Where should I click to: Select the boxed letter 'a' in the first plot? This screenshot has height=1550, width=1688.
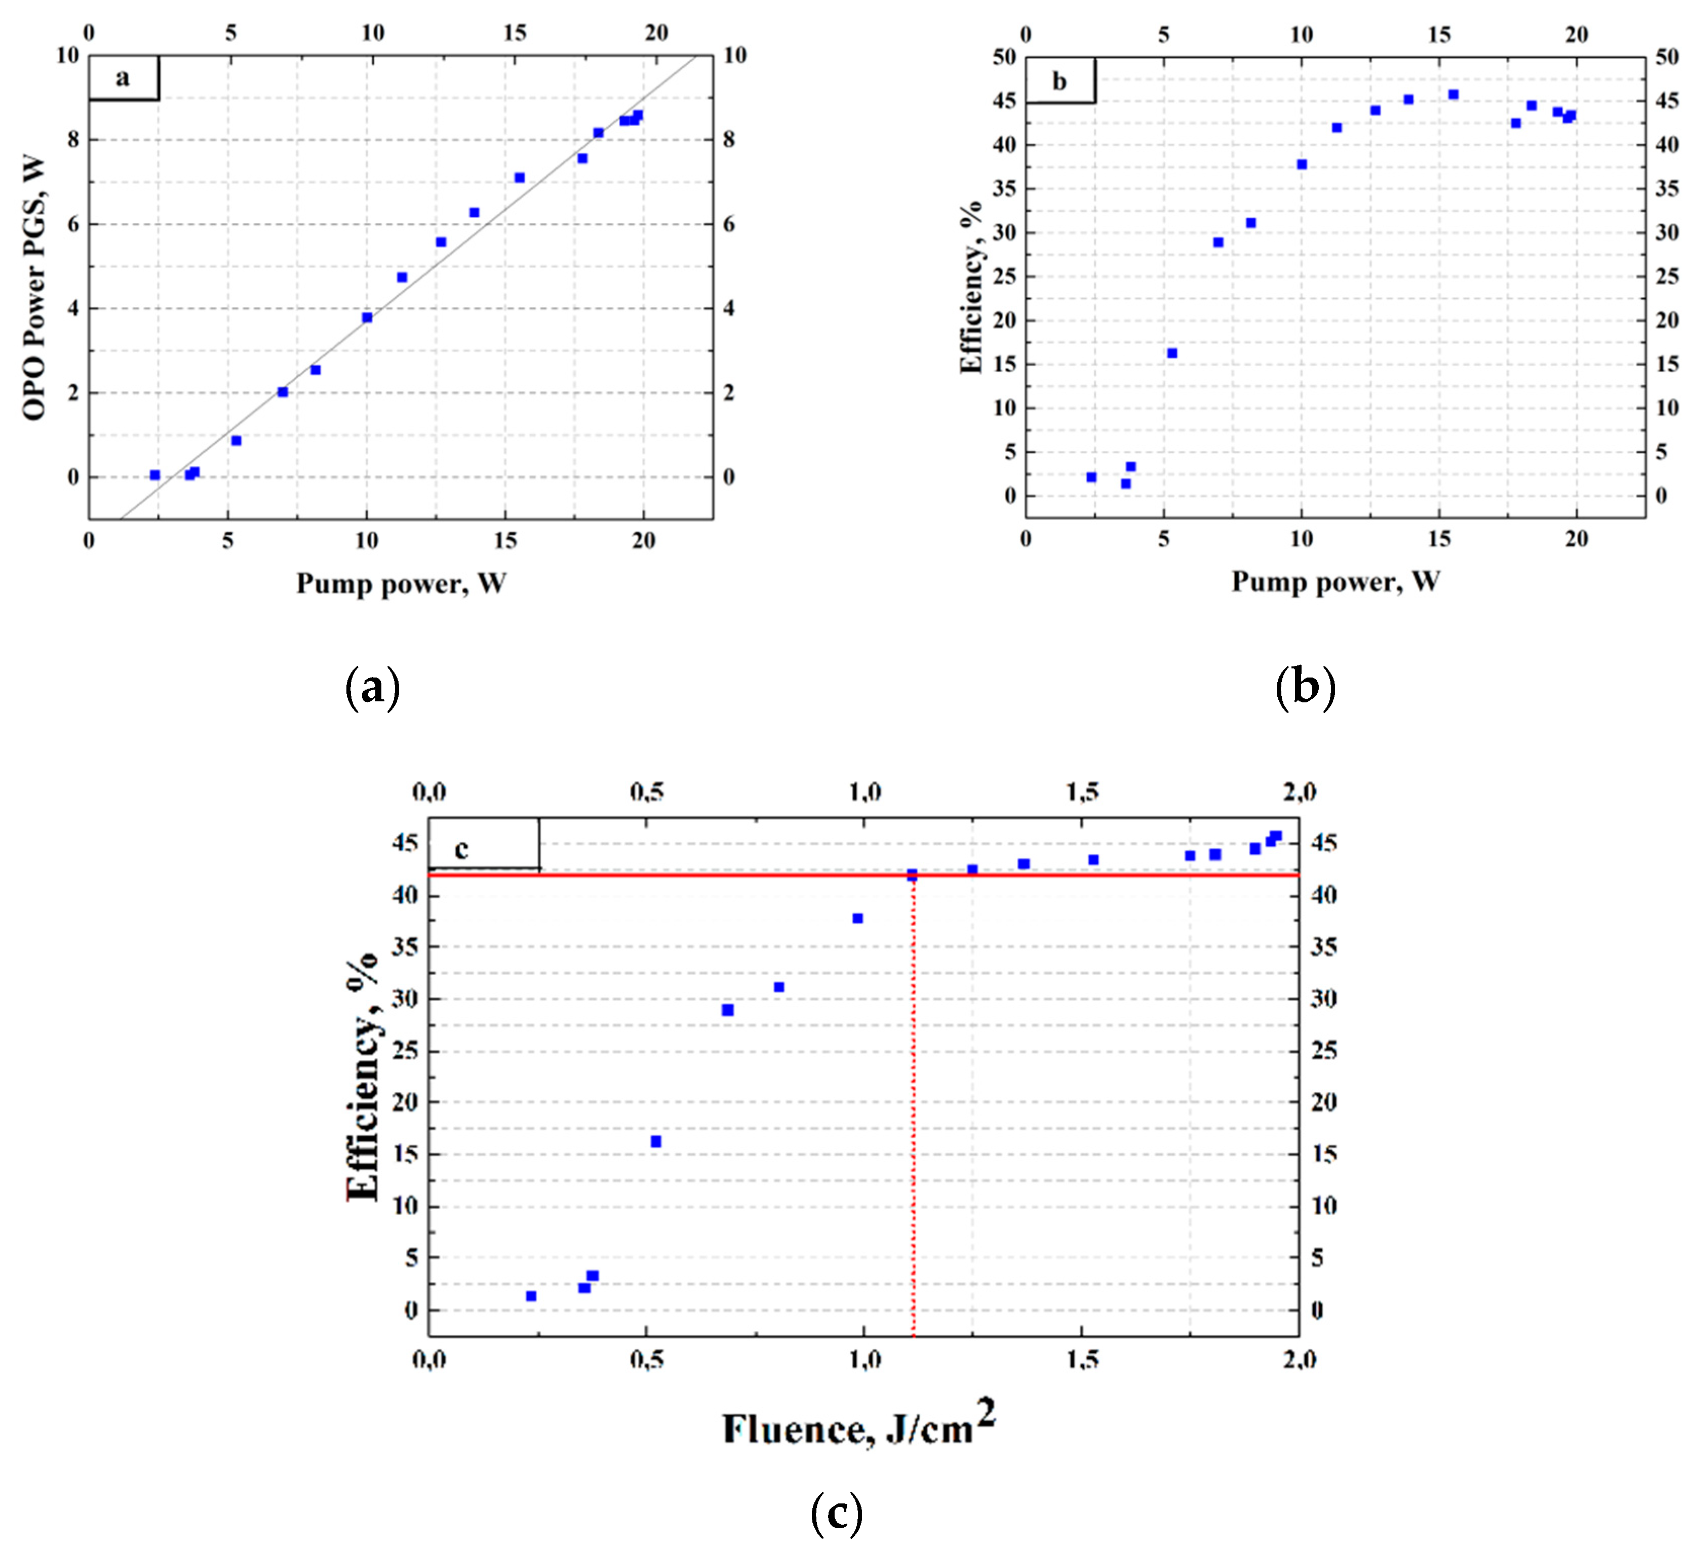[x=123, y=78]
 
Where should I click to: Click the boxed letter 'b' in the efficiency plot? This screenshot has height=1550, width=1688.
[x=1059, y=82]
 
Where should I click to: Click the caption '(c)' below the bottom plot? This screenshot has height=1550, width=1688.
[x=837, y=1512]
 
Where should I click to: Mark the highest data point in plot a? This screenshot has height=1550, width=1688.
[x=638, y=115]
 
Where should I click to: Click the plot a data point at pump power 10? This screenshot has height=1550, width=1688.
[x=367, y=317]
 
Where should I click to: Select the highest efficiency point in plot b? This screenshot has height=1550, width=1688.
[x=1453, y=95]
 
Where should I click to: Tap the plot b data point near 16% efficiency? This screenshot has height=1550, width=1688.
[x=1172, y=353]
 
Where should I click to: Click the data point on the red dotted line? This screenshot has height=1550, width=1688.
[x=912, y=875]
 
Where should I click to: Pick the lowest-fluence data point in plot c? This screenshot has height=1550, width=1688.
[x=531, y=1296]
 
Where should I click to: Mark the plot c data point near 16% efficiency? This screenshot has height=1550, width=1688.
[x=656, y=1141]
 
